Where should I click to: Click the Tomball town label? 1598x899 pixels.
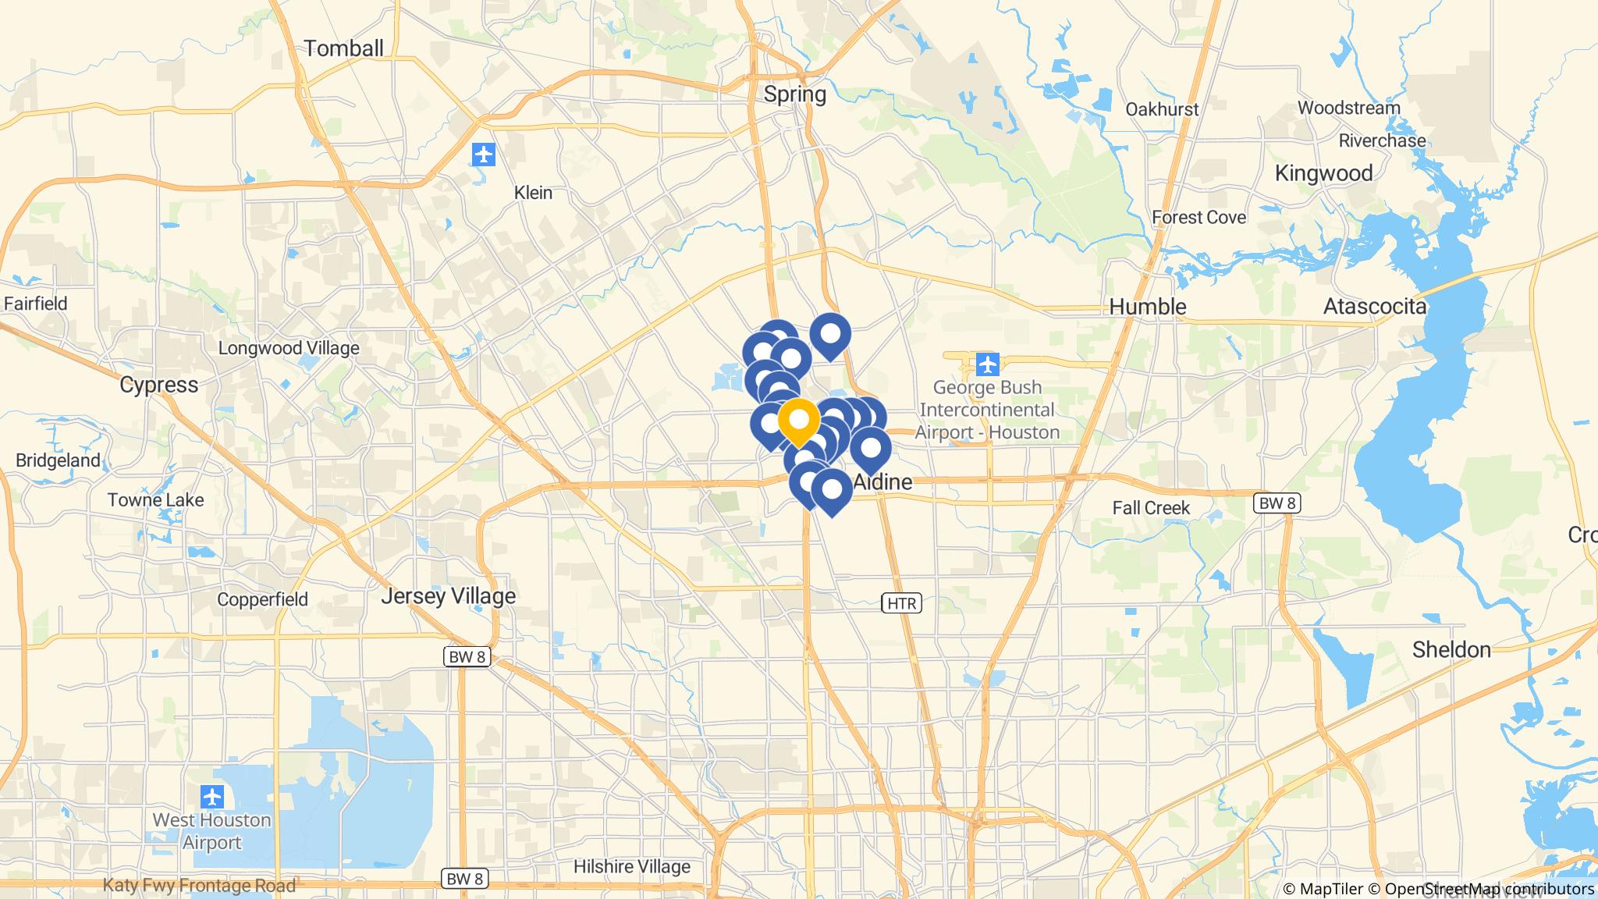click(343, 48)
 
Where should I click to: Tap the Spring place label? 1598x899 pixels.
click(794, 94)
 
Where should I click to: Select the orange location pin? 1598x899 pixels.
click(798, 421)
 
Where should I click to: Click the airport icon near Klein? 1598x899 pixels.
click(484, 155)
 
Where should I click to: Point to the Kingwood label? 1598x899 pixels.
click(1323, 173)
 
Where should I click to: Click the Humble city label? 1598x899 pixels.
click(1148, 307)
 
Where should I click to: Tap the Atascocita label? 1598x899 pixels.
click(1375, 307)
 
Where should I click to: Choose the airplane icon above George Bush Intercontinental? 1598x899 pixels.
click(988, 364)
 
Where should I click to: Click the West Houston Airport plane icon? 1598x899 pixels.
click(211, 798)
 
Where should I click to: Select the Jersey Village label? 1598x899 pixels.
click(449, 596)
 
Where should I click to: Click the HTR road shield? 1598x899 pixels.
click(902, 603)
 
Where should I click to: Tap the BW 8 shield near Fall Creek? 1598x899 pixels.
click(1277, 503)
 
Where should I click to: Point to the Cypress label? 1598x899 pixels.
click(159, 385)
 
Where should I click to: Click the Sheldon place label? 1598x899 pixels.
click(1451, 650)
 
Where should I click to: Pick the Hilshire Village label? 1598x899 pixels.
click(632, 867)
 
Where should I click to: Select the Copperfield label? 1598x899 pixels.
click(263, 600)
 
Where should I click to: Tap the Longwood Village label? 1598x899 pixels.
click(289, 348)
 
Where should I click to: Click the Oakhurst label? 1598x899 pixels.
click(1162, 109)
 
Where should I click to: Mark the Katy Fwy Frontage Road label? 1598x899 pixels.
click(200, 886)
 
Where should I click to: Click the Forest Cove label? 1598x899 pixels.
click(1199, 218)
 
